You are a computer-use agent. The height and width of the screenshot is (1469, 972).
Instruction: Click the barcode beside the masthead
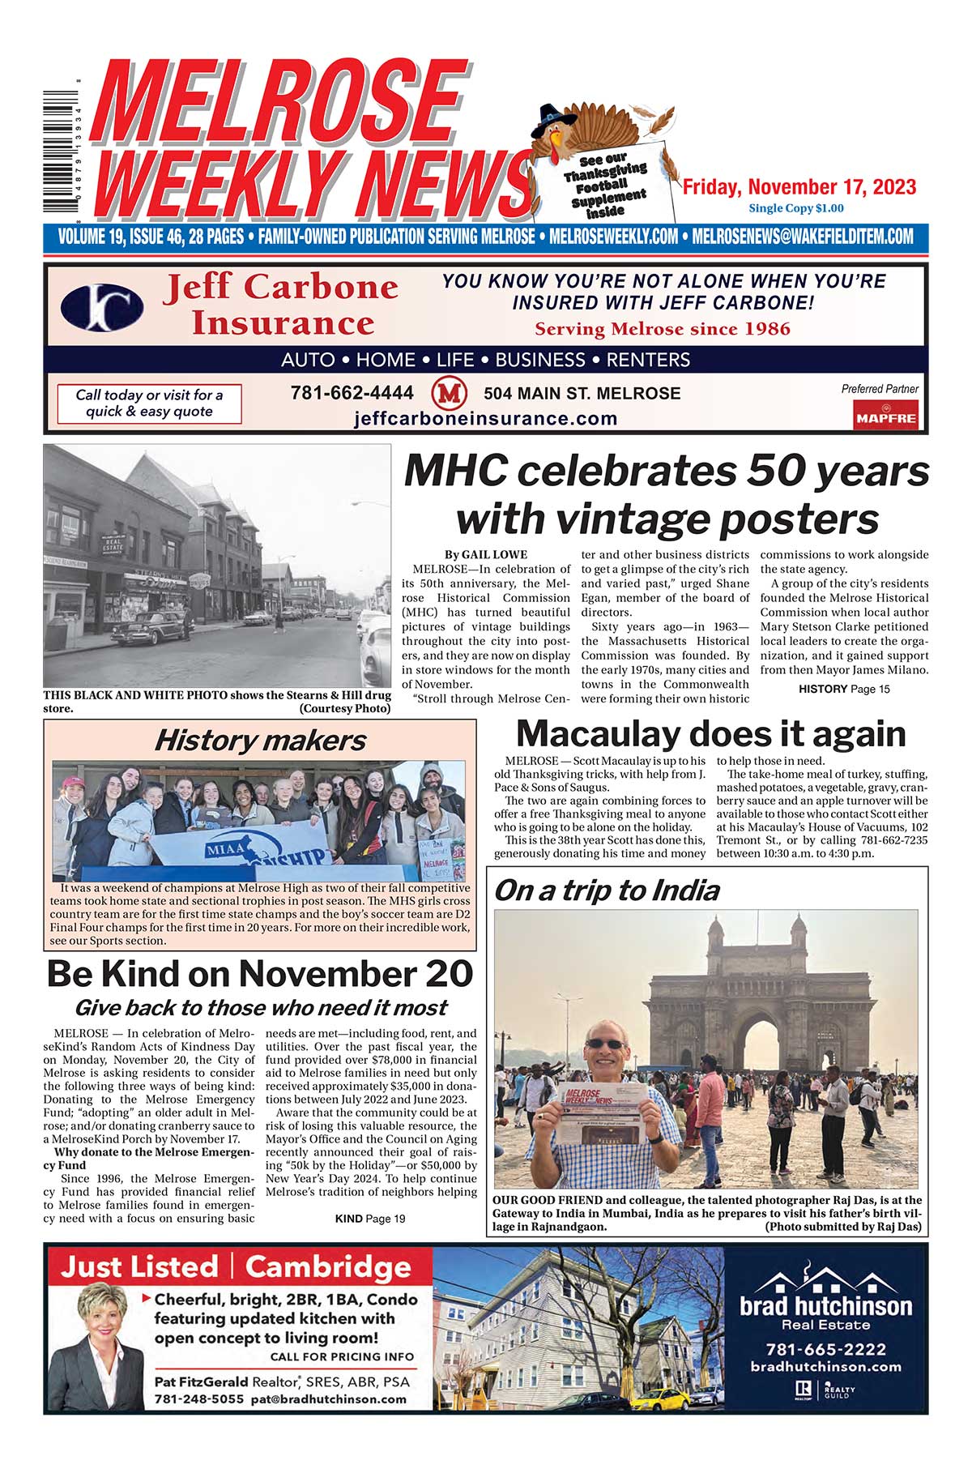[x=61, y=154]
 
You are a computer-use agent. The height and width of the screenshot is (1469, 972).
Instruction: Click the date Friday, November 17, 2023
[x=799, y=187]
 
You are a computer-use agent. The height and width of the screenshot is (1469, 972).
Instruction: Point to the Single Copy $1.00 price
[x=795, y=208]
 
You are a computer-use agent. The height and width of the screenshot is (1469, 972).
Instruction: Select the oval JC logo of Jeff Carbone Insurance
[x=102, y=308]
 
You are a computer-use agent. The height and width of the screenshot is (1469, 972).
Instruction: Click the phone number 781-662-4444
[x=352, y=393]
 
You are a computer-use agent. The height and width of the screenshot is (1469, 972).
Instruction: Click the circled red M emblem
[x=450, y=394]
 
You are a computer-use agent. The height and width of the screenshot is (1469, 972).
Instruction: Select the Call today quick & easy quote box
[x=149, y=404]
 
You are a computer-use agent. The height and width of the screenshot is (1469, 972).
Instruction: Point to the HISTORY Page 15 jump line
[x=843, y=689]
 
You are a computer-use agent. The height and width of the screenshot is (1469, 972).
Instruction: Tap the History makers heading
[x=259, y=740]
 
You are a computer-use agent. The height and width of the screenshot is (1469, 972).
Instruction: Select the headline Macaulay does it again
[x=710, y=734]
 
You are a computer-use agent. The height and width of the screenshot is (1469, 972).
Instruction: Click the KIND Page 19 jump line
[x=370, y=1218]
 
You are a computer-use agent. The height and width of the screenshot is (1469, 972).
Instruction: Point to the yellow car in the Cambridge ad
[x=660, y=1399]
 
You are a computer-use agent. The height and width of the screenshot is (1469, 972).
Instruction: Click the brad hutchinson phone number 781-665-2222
[x=825, y=1349]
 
